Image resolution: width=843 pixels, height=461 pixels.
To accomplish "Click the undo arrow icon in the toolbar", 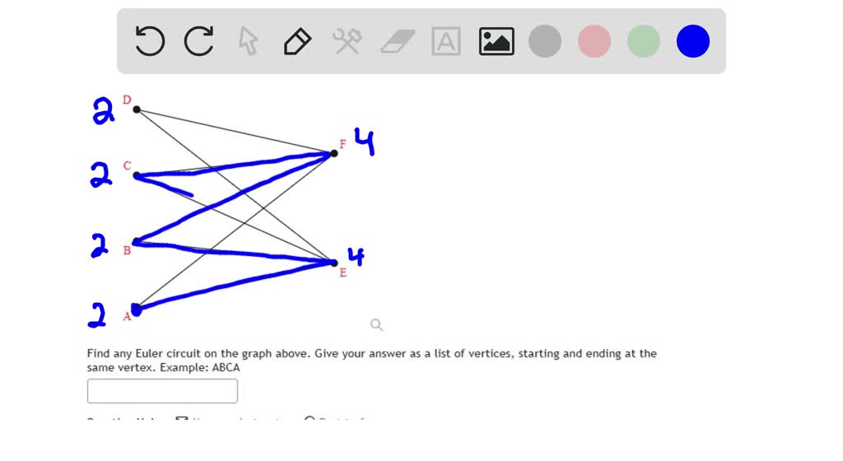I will [x=150, y=41].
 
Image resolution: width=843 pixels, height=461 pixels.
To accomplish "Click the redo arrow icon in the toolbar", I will [x=199, y=41].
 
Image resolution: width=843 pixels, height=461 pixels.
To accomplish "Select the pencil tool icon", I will [x=297, y=41].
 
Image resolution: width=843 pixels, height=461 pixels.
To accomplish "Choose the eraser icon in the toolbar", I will [x=397, y=41].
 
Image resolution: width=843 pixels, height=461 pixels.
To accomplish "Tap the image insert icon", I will [x=496, y=41].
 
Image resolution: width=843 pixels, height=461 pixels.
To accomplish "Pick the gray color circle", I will [x=545, y=41].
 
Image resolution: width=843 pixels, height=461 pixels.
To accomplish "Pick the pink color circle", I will [x=594, y=41].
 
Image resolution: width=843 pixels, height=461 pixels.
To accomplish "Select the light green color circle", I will [x=644, y=41].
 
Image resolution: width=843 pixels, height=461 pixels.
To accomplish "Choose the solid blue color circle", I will [x=693, y=41].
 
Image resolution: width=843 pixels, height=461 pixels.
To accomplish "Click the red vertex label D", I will [x=127, y=100].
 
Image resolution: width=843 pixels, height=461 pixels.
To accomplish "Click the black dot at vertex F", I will [x=334, y=153].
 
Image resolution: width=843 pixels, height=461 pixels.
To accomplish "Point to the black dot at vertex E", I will [x=334, y=263].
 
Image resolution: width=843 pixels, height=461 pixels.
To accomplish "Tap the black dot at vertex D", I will [x=137, y=109].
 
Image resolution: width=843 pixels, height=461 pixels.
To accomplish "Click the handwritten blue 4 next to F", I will [x=365, y=141].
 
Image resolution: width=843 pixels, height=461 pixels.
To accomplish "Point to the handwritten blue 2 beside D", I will [x=103, y=110].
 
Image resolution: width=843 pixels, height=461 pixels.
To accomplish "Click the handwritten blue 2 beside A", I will [x=98, y=314].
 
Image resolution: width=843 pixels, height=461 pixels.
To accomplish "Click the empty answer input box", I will [x=162, y=391].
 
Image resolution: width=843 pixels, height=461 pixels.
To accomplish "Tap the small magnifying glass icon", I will [x=376, y=324].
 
